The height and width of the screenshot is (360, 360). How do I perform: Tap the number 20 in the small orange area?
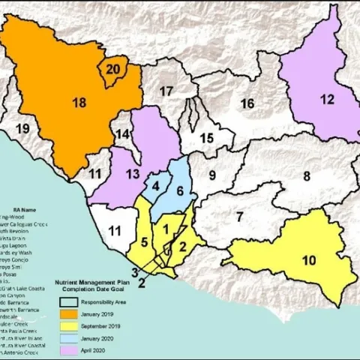(x=112, y=69)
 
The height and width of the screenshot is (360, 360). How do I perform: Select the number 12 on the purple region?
(x=326, y=98)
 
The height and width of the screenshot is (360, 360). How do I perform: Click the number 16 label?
(x=247, y=103)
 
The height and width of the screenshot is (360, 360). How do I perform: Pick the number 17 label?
(x=166, y=91)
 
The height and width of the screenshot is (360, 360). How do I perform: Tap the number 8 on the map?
(x=306, y=176)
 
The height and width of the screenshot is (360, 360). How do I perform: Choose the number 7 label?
(x=239, y=217)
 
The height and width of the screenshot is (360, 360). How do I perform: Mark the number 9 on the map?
(x=212, y=175)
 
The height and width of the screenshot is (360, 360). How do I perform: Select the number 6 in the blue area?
(x=180, y=190)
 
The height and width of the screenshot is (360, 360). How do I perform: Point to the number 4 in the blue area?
(x=156, y=185)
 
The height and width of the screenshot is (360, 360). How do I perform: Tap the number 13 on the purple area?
(x=133, y=174)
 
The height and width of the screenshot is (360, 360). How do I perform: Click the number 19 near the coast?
(x=22, y=129)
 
